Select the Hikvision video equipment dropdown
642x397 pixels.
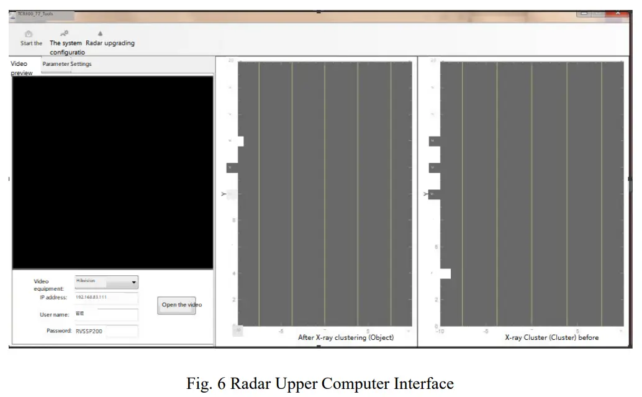[x=106, y=282]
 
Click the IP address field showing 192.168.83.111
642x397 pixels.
[x=107, y=298]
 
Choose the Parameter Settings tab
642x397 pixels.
[x=66, y=64]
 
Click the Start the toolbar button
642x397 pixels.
[x=30, y=39]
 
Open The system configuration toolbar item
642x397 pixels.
[x=66, y=43]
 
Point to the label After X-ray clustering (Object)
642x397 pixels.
[x=346, y=337]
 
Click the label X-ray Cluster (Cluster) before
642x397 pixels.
[x=551, y=337]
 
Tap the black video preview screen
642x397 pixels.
[x=112, y=172]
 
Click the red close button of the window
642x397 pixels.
[x=617, y=13]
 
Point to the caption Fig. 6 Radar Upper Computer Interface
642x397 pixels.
[x=320, y=383]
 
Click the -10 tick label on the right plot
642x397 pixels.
[x=440, y=332]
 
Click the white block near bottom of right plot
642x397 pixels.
[x=445, y=273]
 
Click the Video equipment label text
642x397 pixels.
[x=48, y=285]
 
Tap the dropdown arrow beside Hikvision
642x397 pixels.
[x=133, y=283]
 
